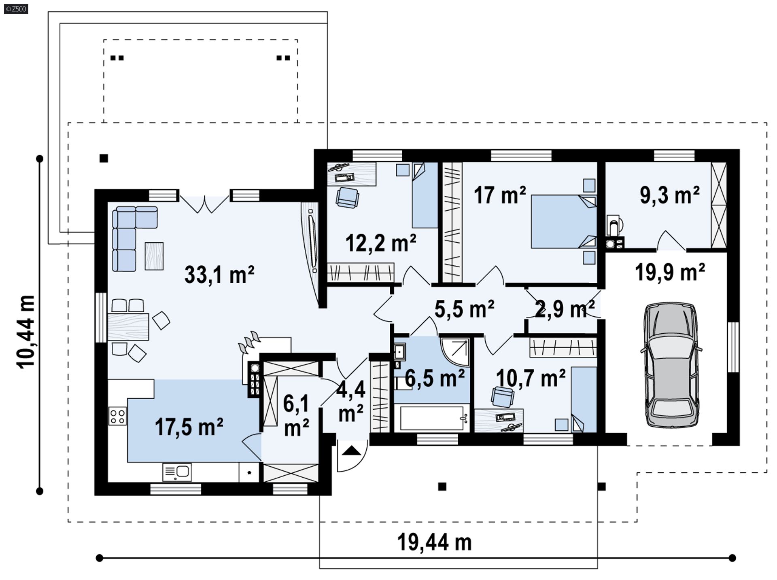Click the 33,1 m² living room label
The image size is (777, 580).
[x=219, y=275]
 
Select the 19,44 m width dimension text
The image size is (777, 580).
[x=434, y=542]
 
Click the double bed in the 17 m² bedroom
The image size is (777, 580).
[x=563, y=222]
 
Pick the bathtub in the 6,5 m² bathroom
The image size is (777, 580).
[x=432, y=418]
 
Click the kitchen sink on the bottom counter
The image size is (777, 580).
[x=177, y=472]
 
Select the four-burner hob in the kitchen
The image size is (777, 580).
[x=117, y=416]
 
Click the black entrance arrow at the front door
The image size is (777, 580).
[x=350, y=450]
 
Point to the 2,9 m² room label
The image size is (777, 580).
[x=565, y=309]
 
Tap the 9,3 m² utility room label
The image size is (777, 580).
[x=669, y=195]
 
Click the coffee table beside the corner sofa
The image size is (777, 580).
[x=154, y=256]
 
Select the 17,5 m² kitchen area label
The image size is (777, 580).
[x=189, y=427]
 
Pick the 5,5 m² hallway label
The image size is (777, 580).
[x=464, y=309]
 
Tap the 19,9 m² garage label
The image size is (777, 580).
[x=670, y=272]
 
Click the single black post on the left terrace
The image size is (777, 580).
[x=104, y=158]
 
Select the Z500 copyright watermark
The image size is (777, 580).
[x=16, y=8]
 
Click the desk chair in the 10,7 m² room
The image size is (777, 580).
[x=502, y=396]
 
